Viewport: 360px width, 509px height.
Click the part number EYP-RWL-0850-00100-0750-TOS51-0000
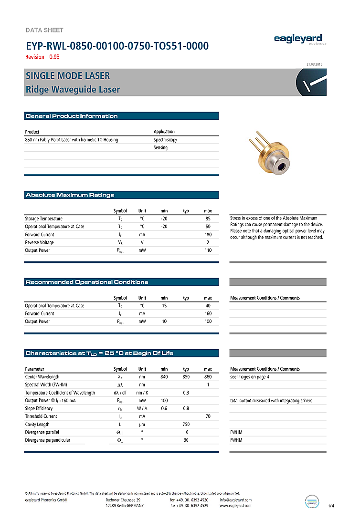point(117,46)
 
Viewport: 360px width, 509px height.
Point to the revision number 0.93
point(54,57)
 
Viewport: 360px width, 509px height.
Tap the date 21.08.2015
point(315,64)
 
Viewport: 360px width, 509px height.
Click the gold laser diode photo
point(267,153)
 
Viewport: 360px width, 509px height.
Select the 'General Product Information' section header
point(72,116)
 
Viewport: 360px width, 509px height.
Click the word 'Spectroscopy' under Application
point(165,140)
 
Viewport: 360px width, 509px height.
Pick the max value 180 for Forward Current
point(208,235)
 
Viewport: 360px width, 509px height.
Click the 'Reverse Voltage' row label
point(40,242)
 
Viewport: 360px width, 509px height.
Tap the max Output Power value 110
point(208,250)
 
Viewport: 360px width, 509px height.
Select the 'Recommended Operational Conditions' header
point(87,282)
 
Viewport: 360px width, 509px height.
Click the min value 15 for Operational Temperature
point(164,306)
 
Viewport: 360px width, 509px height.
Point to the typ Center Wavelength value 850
point(186,377)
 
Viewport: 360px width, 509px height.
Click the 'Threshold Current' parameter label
point(42,416)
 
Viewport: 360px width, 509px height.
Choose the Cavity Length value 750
point(186,425)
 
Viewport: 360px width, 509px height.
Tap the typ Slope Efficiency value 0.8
point(186,408)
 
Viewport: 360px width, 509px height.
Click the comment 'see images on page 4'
point(250,377)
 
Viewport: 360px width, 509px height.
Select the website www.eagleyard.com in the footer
point(235,505)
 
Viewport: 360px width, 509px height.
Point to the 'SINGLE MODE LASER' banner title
point(67,76)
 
